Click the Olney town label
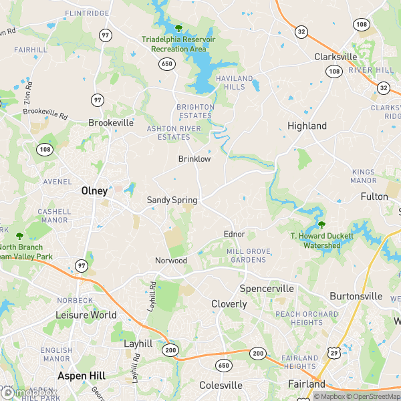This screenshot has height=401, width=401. [94, 190]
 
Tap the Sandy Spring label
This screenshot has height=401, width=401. [172, 200]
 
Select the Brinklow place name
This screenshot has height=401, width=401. [194, 159]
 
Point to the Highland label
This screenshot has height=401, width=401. [307, 126]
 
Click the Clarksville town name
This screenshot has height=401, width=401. [336, 57]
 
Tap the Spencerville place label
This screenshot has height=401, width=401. [267, 289]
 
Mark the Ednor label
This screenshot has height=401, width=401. [234, 235]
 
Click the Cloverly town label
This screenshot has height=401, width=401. [229, 304]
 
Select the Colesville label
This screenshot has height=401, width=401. [221, 385]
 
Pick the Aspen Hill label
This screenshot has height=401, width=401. [82, 376]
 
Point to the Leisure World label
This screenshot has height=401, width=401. [86, 315]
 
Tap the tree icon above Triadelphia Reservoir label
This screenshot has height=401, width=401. [178, 28]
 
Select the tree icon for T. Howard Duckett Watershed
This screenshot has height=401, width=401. [321, 225]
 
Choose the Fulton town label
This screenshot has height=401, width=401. [374, 196]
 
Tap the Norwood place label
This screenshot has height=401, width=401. [171, 260]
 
